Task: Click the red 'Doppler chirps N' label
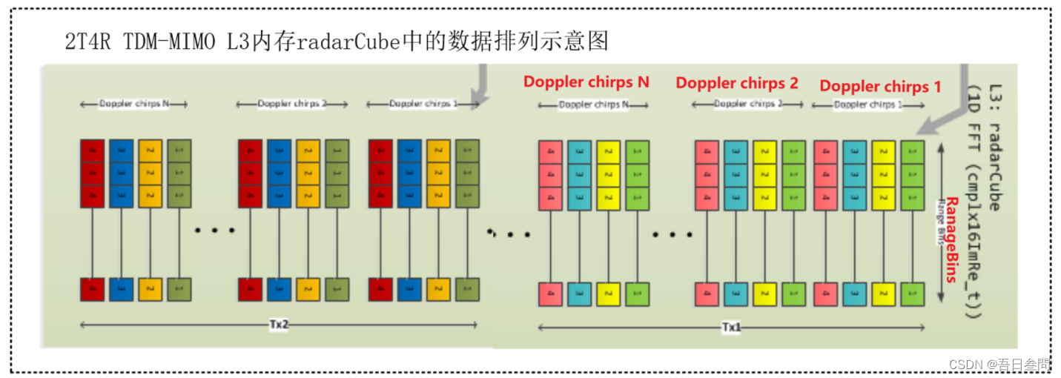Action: (x=586, y=82)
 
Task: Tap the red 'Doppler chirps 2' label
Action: (x=736, y=83)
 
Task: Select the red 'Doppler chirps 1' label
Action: (x=880, y=87)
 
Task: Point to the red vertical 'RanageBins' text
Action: (x=953, y=239)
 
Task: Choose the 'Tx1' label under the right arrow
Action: (x=730, y=327)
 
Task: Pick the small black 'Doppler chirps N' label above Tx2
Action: (x=134, y=104)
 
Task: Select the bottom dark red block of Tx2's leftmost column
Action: (x=93, y=289)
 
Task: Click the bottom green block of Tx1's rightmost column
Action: (x=912, y=294)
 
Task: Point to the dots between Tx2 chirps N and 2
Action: (x=214, y=231)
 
